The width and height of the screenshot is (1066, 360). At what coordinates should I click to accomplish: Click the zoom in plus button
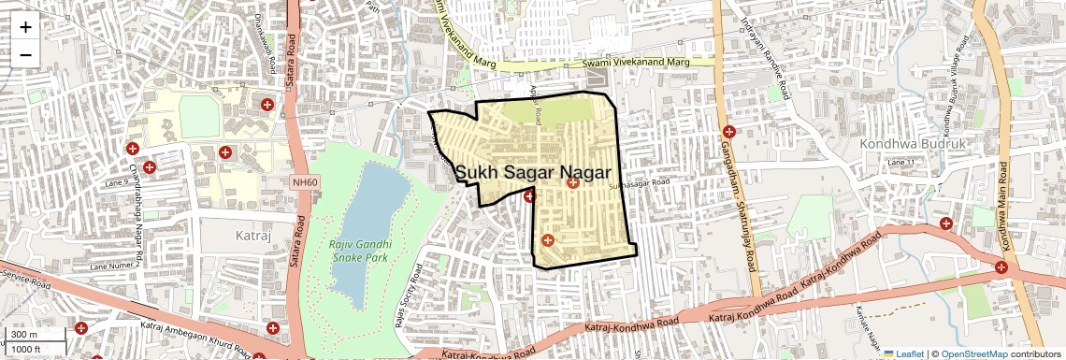pyautogui.click(x=25, y=27)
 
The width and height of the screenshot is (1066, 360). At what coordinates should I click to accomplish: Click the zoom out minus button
pyautogui.click(x=25, y=54)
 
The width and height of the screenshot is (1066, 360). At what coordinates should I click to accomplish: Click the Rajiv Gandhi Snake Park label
pyautogui.click(x=359, y=251)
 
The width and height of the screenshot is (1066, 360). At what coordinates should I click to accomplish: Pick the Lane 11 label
pyautogui.click(x=900, y=163)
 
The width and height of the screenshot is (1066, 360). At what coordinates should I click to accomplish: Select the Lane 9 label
pyautogui.click(x=116, y=181)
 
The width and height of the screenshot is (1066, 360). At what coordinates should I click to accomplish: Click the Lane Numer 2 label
pyautogui.click(x=114, y=266)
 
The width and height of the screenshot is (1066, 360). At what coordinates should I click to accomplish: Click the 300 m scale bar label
pyautogui.click(x=24, y=335)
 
